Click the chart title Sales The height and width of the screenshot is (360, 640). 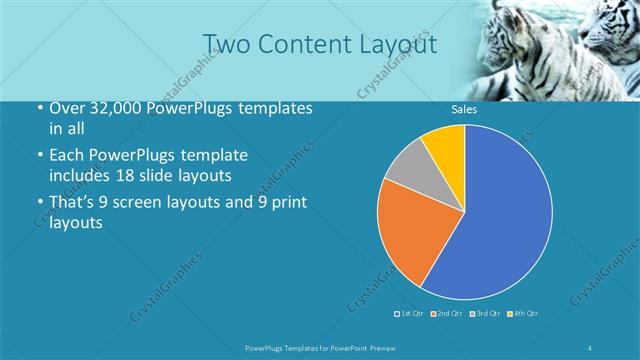pyautogui.click(x=464, y=109)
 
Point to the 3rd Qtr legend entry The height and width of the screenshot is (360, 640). pyautogui.click(x=485, y=314)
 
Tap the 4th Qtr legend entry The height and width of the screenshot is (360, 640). pyautogui.click(x=523, y=314)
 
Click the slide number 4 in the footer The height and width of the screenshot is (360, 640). pyautogui.click(x=590, y=348)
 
